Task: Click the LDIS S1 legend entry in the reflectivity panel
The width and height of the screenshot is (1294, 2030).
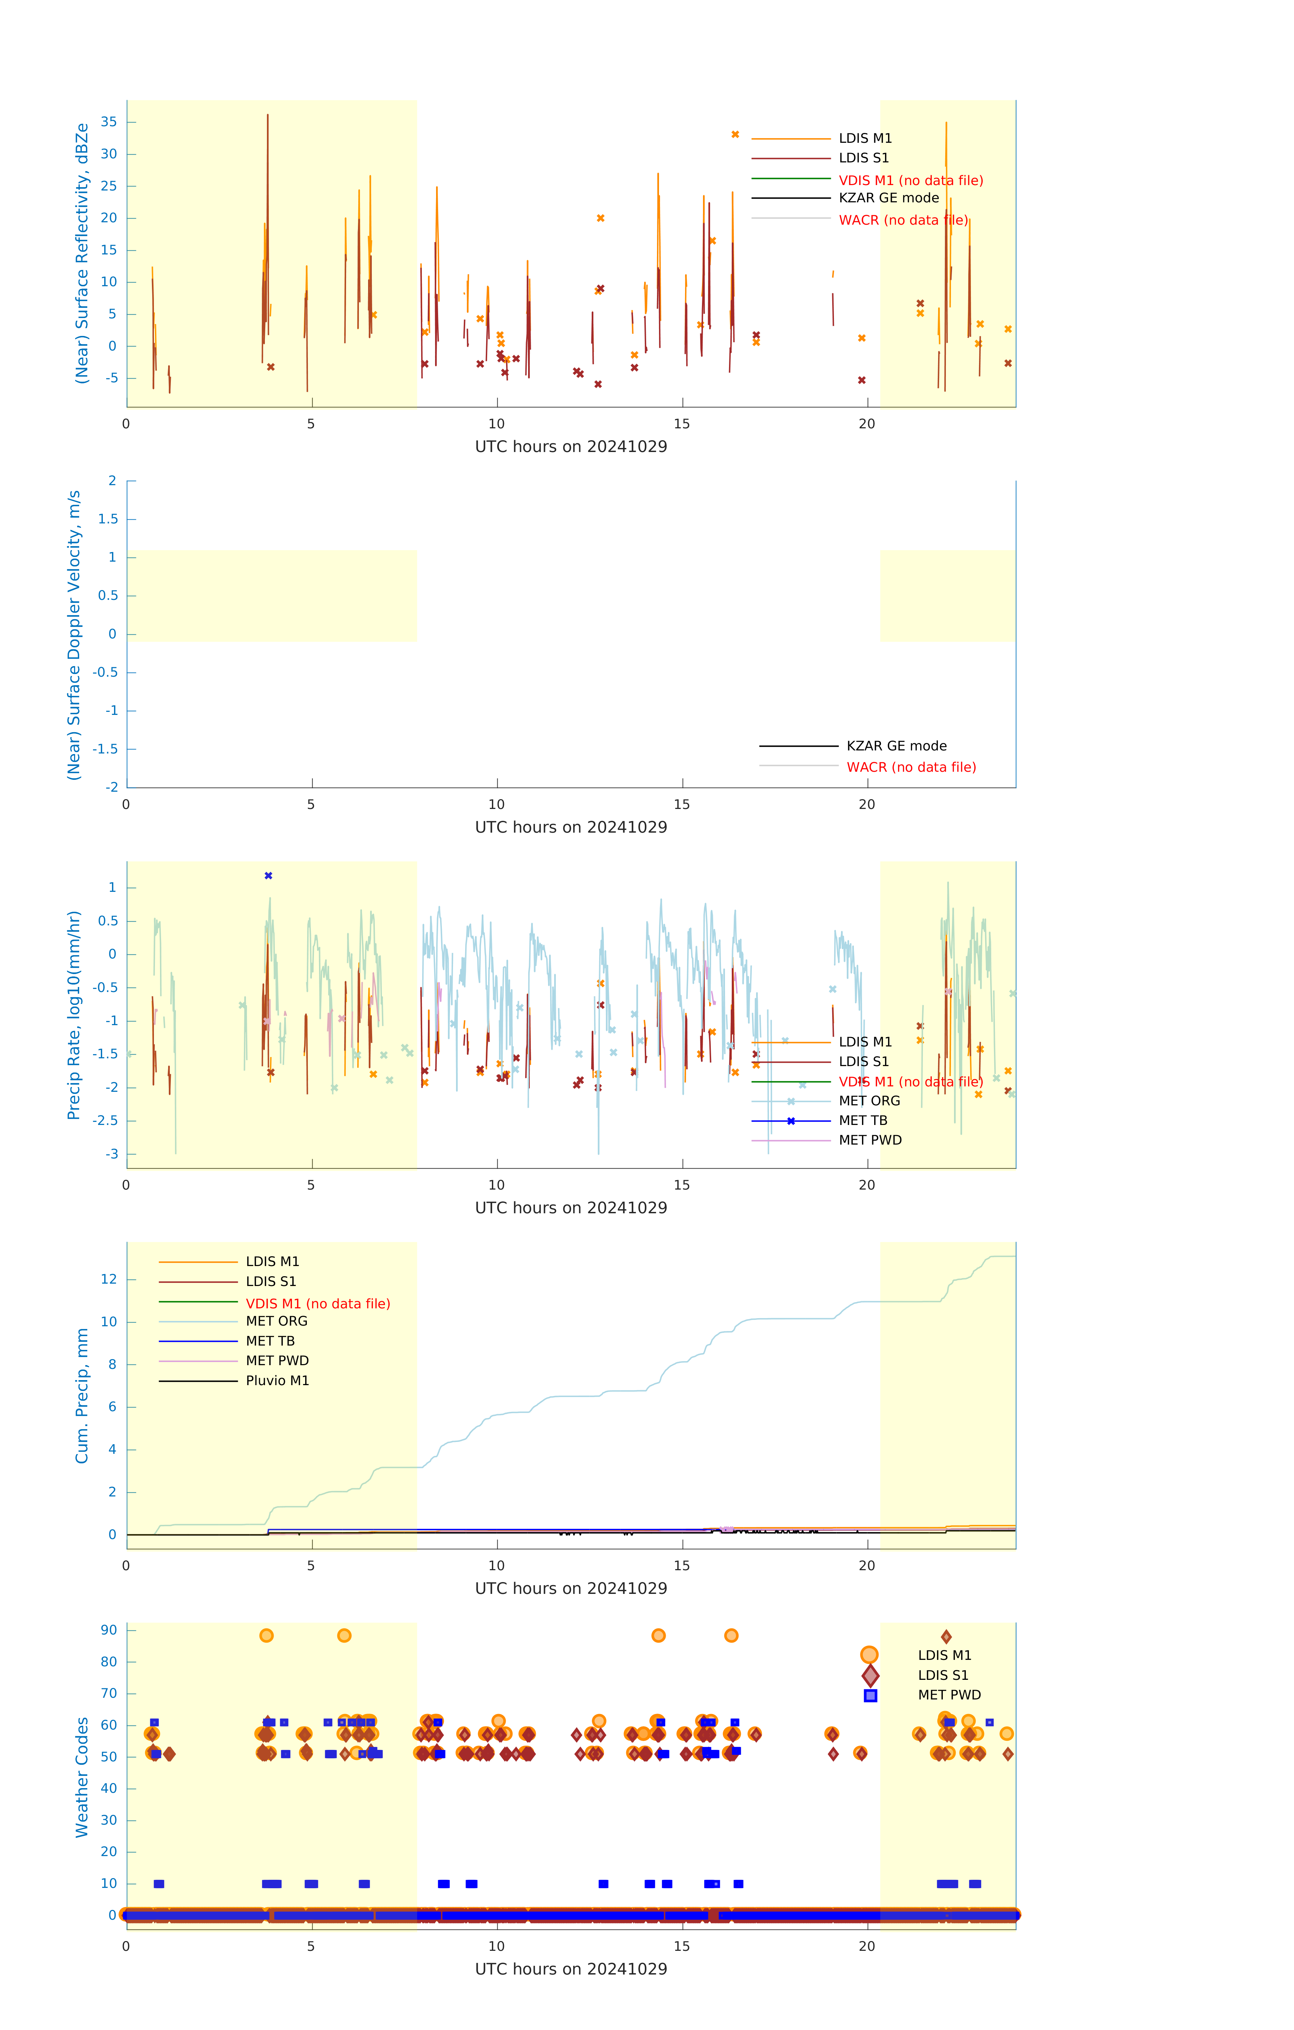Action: coord(863,158)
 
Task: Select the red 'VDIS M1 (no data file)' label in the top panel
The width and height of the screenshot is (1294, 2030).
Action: coord(910,180)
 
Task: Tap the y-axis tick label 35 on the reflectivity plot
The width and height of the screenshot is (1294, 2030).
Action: coord(109,122)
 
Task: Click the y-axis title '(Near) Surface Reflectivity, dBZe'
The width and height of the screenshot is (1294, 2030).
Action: coord(82,254)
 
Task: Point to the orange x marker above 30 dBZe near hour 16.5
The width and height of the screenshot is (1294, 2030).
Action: coord(735,135)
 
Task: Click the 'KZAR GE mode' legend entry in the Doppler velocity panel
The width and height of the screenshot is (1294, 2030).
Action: coord(896,746)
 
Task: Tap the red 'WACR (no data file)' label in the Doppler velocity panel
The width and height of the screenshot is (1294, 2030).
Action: coord(911,767)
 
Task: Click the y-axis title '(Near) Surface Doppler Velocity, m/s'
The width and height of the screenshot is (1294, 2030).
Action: coord(74,635)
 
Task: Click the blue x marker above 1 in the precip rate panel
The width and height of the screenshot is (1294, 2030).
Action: coord(268,876)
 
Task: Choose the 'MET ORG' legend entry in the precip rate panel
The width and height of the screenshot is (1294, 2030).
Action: coord(869,1101)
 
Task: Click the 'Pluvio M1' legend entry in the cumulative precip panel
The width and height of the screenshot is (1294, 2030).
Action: coord(277,1381)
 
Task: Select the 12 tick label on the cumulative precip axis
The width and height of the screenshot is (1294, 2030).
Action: coord(109,1280)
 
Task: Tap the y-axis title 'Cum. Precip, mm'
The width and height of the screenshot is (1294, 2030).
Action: coord(82,1396)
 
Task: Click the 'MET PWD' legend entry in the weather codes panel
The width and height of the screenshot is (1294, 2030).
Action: coord(949,1695)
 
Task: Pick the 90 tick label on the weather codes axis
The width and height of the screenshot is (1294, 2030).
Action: coord(109,1630)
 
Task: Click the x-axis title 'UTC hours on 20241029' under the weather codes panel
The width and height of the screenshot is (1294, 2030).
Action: coord(571,1969)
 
